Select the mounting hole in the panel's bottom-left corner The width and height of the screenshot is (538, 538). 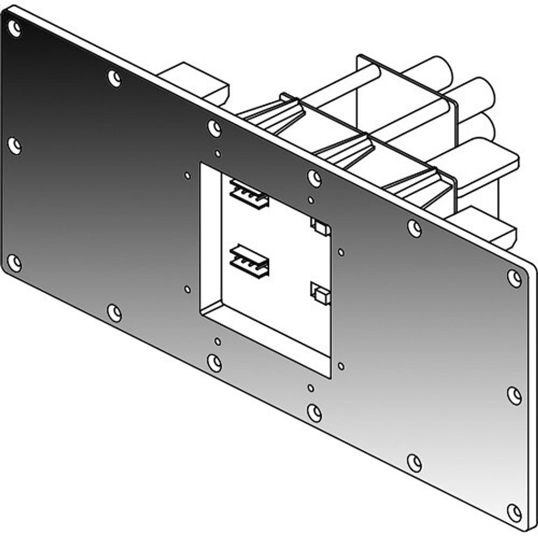click(x=15, y=263)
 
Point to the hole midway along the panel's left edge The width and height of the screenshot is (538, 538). click(x=15, y=145)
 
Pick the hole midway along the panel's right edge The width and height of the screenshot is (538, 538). click(x=514, y=395)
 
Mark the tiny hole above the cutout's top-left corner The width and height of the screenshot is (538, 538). click(x=217, y=154)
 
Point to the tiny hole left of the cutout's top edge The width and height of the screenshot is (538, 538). click(x=187, y=175)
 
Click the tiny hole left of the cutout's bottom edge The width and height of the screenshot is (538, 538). click(x=187, y=289)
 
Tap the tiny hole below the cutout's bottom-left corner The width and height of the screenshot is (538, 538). click(x=217, y=342)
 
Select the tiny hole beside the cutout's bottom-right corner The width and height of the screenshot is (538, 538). click(x=341, y=366)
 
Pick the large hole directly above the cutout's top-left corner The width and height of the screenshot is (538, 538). click(x=214, y=128)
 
